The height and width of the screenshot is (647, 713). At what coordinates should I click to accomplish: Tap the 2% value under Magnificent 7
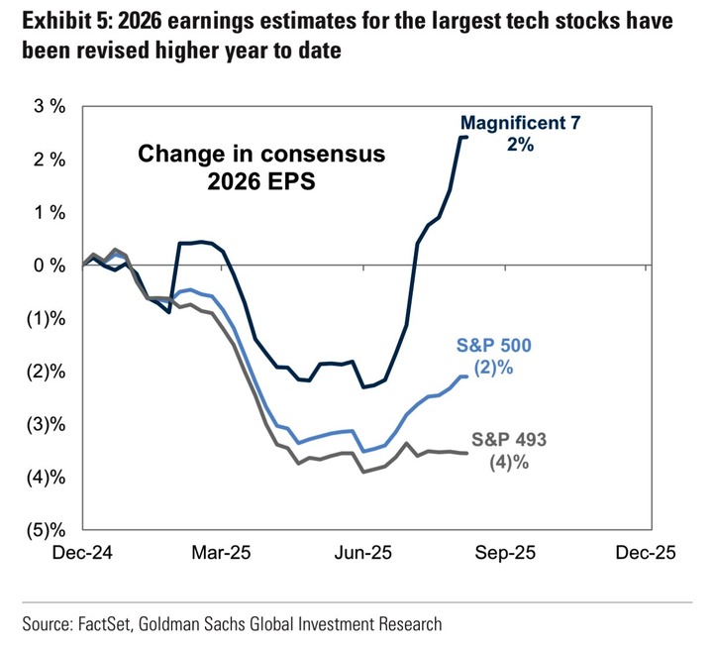pos(521,145)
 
